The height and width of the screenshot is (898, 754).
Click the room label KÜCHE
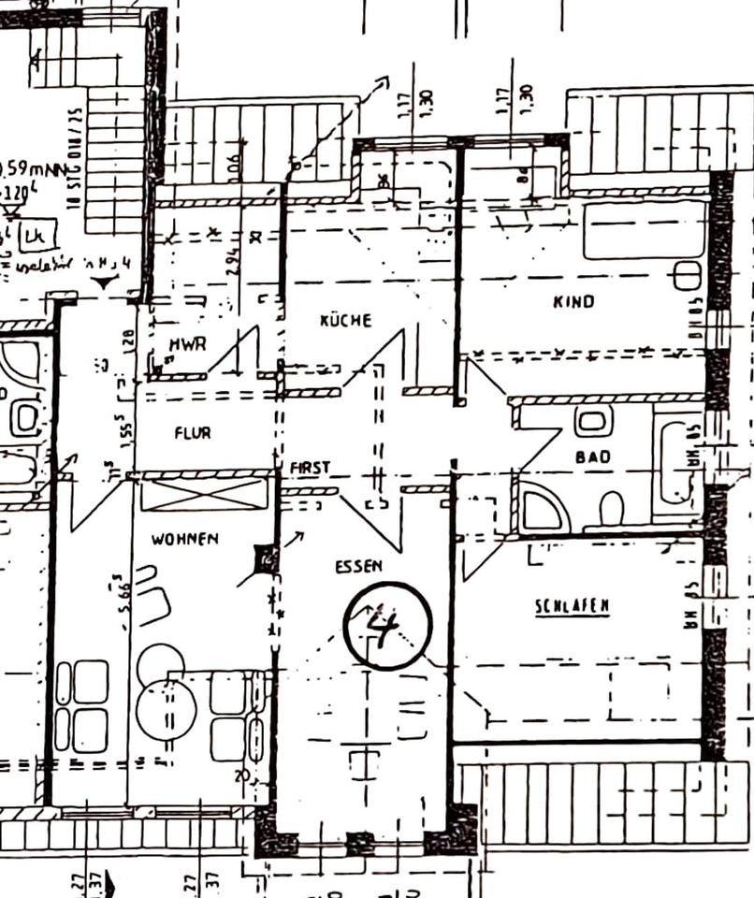click(345, 320)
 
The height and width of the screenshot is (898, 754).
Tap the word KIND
click(573, 301)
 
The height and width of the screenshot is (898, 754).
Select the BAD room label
click(593, 456)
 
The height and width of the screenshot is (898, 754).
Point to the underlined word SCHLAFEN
click(572, 606)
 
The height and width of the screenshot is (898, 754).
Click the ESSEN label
click(358, 567)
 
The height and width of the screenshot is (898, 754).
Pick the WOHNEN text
click(184, 539)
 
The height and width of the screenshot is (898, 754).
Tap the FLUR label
click(193, 433)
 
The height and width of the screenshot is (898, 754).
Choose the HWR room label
click(187, 344)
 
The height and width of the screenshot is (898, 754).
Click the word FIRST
click(310, 466)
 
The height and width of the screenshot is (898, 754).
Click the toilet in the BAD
click(611, 509)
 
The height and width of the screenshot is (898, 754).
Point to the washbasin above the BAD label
click(593, 420)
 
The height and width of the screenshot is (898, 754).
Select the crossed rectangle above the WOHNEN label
click(204, 494)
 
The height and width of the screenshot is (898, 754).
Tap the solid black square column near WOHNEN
click(267, 560)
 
